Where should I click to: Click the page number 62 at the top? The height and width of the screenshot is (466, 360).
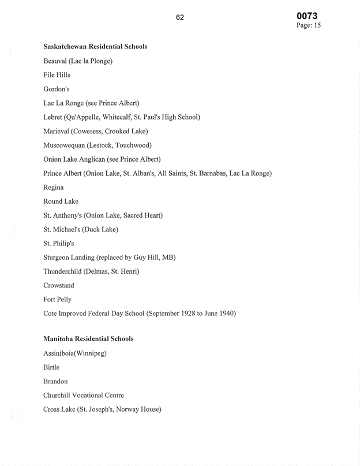tap(180, 17)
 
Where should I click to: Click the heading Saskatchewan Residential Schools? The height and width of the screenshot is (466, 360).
tap(95, 46)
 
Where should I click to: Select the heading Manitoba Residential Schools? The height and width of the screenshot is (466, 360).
tap(88, 339)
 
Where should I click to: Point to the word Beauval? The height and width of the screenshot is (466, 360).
tap(55, 61)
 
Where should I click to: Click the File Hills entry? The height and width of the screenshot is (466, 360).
tap(57, 75)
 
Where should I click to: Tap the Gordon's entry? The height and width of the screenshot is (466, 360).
tap(56, 89)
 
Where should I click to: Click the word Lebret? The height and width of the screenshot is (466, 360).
tap(54, 117)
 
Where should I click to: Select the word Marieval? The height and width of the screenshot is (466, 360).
tap(58, 131)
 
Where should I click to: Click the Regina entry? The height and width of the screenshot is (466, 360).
tap(53, 188)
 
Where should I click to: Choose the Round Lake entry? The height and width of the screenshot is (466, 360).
tap(61, 202)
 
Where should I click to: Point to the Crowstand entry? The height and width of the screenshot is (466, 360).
tap(58, 285)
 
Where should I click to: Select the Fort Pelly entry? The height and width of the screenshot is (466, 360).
tap(57, 300)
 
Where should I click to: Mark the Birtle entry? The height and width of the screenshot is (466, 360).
tap(51, 367)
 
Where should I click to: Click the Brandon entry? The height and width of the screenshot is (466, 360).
tap(55, 381)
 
